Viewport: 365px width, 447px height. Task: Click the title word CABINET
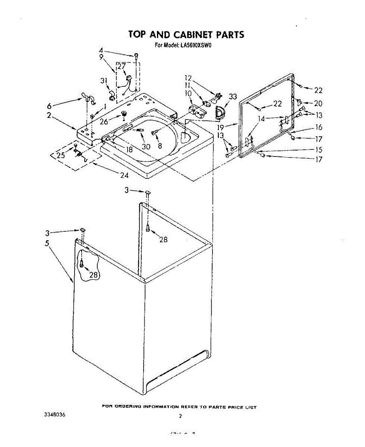click(x=193, y=35)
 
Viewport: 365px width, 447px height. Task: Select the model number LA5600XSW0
click(x=196, y=46)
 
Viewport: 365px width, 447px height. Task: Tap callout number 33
click(x=233, y=97)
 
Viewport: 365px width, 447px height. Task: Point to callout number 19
click(x=221, y=127)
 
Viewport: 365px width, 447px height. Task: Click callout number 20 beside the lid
click(x=318, y=104)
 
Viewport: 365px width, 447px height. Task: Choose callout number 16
click(x=319, y=127)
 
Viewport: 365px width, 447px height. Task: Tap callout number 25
click(x=61, y=155)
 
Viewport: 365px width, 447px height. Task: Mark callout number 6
click(x=49, y=106)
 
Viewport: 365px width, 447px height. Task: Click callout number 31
click(x=104, y=80)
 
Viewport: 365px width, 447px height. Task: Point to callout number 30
click(x=146, y=147)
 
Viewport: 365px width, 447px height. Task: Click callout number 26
click(x=104, y=121)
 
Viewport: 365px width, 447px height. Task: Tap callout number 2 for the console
click(x=49, y=115)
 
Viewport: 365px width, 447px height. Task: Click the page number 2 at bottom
click(x=180, y=416)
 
